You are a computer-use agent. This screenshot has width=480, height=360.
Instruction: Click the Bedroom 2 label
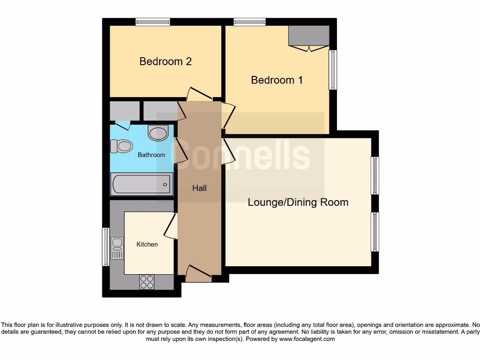click(165, 61)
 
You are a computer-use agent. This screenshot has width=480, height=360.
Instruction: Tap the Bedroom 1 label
click(277, 80)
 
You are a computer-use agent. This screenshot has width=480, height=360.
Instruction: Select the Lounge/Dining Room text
click(298, 202)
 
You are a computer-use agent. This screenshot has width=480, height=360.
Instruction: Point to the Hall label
click(199, 188)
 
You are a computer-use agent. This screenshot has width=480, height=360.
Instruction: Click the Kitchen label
click(147, 244)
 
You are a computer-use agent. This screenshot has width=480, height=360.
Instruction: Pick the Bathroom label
click(151, 155)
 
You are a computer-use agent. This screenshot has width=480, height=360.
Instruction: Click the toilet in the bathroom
click(121, 146)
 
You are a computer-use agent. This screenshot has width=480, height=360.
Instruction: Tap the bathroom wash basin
click(157, 133)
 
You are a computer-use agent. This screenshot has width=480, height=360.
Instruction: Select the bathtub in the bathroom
click(142, 184)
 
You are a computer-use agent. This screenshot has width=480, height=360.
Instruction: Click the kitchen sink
click(117, 248)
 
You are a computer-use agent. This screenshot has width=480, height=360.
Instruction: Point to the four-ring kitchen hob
click(147, 281)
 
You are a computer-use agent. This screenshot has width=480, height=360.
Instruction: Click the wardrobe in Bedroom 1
click(308, 36)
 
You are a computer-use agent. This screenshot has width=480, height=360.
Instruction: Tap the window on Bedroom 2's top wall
click(153, 22)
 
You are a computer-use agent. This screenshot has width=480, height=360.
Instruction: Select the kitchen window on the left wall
click(106, 247)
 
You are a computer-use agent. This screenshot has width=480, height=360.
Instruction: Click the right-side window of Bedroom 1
click(333, 69)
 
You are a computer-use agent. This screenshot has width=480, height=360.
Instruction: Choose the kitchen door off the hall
click(171, 226)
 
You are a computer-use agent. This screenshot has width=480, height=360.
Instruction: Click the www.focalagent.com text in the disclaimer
click(307, 339)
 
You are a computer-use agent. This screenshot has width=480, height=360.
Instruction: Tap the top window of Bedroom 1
click(250, 22)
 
